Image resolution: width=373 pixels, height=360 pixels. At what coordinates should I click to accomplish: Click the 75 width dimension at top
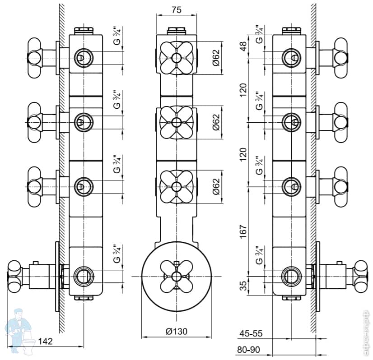pyautogui.click(x=177, y=9)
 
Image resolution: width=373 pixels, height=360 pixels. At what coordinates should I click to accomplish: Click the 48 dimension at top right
pyautogui.click(x=244, y=46)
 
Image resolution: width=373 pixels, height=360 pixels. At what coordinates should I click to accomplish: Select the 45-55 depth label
pyautogui.click(x=251, y=334)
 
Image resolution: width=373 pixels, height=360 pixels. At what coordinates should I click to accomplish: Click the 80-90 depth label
pyautogui.click(x=251, y=350)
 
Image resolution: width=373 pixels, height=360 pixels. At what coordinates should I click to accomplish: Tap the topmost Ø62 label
pyautogui.click(x=216, y=57)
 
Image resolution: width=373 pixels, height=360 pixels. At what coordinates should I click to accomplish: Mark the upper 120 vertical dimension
pyautogui.click(x=244, y=90)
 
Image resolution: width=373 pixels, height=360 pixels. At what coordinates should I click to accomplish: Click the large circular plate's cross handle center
pyautogui.click(x=176, y=276)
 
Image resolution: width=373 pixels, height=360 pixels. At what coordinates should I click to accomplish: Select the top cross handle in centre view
pyautogui.click(x=176, y=57)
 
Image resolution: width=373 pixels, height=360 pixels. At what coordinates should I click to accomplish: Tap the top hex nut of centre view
pyautogui.click(x=177, y=31)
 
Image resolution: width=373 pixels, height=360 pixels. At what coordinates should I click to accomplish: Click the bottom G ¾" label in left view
pyautogui.click(x=116, y=254)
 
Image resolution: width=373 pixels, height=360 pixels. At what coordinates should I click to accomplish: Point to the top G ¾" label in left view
pyautogui.click(x=116, y=36)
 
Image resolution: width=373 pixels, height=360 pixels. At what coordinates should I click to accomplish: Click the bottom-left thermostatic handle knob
pyautogui.click(x=14, y=274)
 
